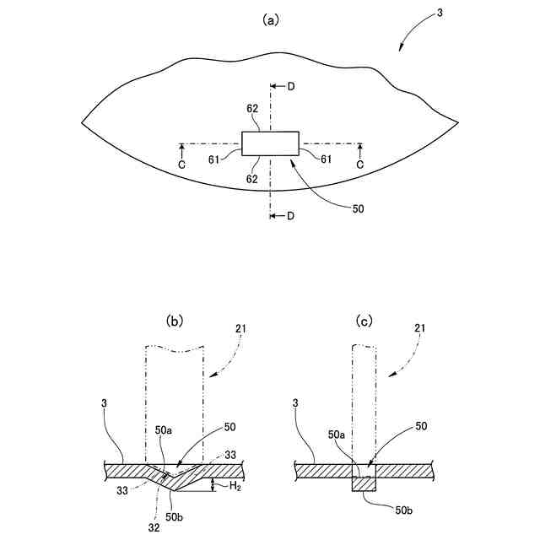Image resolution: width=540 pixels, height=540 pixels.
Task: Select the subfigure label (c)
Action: pyautogui.click(x=364, y=321)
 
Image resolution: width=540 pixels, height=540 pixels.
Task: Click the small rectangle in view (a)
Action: pyautogui.click(x=270, y=143)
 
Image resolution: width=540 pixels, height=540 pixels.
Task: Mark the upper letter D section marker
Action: pyautogui.click(x=290, y=87)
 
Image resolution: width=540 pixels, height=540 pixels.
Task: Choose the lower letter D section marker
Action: pyautogui.click(x=290, y=216)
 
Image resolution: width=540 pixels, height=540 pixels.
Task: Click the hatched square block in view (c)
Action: pyautogui.click(x=364, y=483)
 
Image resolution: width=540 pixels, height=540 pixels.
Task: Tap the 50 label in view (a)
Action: pyautogui.click(x=358, y=209)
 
